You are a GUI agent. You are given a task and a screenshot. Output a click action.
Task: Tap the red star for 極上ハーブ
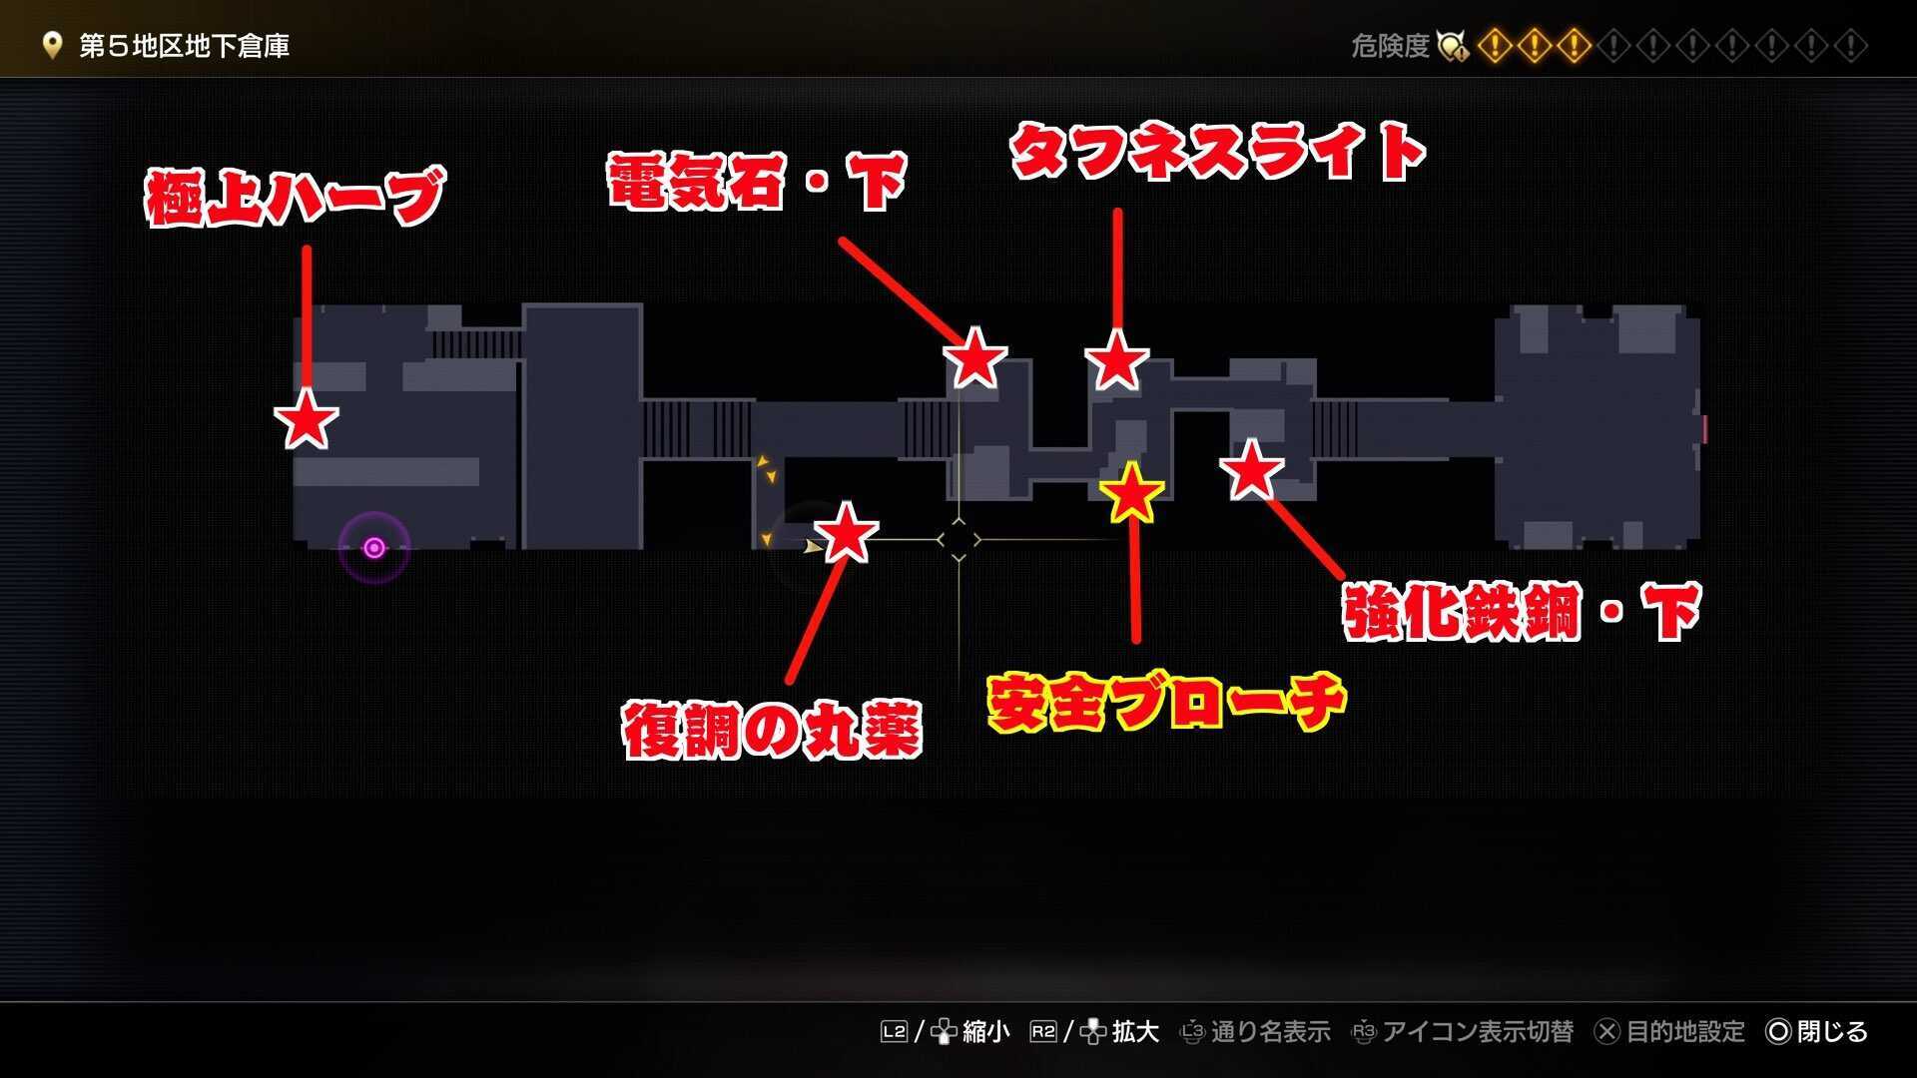306,419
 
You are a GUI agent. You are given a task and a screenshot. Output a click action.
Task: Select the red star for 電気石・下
974,358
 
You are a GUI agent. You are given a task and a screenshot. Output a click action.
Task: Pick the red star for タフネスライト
1116,360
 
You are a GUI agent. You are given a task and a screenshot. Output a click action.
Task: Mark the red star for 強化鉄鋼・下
1250,470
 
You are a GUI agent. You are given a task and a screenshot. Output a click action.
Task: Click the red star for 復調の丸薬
846,533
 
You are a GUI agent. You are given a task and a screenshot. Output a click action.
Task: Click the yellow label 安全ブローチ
1166,702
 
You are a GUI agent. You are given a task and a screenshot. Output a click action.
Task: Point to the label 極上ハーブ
295,197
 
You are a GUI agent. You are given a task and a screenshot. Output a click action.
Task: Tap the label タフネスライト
1217,152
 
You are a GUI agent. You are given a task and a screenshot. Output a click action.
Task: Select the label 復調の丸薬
771,730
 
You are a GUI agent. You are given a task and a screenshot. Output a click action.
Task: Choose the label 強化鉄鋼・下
1521,610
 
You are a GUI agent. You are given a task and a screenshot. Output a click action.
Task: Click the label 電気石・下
756,181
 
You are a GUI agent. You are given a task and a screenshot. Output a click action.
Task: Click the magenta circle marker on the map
374,547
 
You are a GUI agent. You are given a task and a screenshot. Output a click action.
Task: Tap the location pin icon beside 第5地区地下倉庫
52,46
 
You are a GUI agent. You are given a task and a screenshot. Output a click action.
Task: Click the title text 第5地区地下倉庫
184,46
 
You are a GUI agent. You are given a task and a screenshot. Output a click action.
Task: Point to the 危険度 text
1390,46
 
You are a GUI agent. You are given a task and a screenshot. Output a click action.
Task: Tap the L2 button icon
894,1031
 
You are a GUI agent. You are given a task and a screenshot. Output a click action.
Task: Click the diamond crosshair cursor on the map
958,540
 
